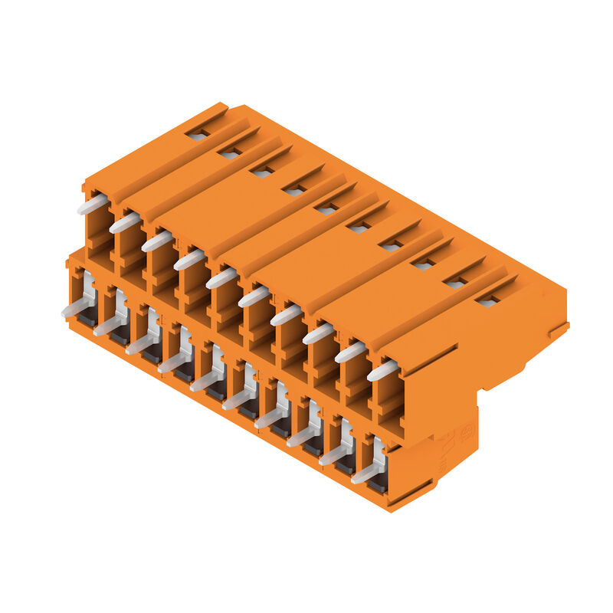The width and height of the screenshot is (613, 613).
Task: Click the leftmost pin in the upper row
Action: tap(92, 205)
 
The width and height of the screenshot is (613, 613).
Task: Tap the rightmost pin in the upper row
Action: tap(383, 371)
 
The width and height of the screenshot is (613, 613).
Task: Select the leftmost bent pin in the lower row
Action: tap(76, 309)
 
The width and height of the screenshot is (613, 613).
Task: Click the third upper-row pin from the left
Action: tap(156, 241)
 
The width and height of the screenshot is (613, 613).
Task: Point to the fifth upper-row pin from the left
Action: tap(221, 278)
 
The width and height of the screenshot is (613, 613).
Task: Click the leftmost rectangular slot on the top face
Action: tap(198, 135)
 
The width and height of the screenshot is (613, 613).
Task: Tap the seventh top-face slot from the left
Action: tap(391, 246)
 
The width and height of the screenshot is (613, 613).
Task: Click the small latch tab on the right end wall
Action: tap(558, 331)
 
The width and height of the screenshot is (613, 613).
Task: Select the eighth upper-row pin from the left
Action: tap(318, 333)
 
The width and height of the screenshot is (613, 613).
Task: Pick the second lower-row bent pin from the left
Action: tap(109, 326)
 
